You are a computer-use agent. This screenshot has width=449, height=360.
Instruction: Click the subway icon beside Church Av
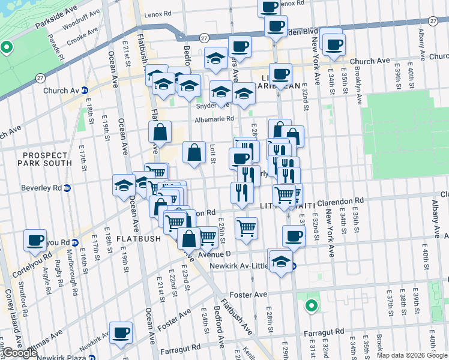click(85, 91)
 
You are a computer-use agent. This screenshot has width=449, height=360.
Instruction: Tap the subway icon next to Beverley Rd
click(68, 187)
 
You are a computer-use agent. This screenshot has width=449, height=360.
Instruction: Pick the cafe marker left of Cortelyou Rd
click(35, 240)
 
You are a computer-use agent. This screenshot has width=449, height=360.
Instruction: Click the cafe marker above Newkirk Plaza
click(121, 332)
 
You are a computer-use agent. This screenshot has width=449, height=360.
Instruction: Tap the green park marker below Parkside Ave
click(7, 47)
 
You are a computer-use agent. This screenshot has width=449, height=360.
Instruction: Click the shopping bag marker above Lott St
click(194, 153)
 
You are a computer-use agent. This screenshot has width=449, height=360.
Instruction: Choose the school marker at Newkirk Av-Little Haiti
click(280, 262)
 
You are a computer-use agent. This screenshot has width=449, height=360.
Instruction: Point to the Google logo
click(19, 353)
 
